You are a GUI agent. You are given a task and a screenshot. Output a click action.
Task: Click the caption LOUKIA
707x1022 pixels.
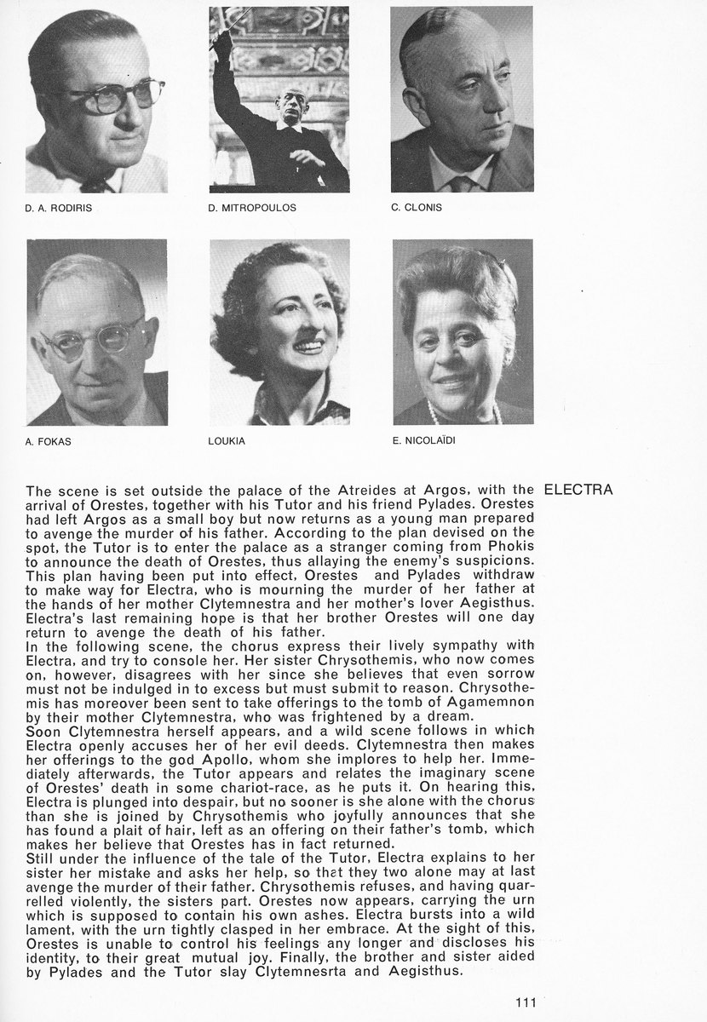[226, 442]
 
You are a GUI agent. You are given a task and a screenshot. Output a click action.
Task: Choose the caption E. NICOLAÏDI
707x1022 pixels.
[422, 441]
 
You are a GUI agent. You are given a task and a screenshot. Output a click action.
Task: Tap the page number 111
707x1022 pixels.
[526, 1002]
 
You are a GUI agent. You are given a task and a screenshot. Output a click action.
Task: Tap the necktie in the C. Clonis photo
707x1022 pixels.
[461, 184]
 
